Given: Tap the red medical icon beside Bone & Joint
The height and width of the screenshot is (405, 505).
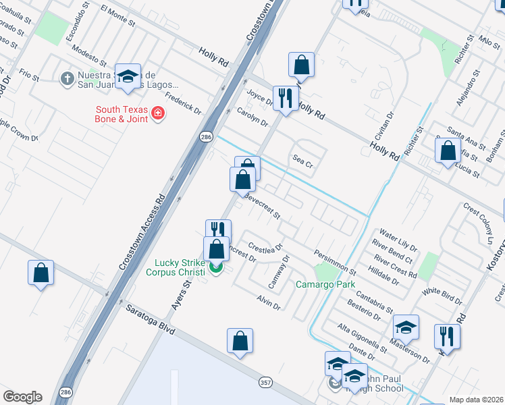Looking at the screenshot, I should tap(158, 113).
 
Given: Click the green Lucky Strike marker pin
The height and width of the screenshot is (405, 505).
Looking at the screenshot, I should tap(216, 269).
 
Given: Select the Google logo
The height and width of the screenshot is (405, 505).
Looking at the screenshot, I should tap(22, 397).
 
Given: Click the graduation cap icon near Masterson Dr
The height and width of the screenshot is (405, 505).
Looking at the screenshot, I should tap(406, 327).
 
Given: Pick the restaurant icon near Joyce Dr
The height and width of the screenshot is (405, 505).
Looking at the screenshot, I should tap(286, 99).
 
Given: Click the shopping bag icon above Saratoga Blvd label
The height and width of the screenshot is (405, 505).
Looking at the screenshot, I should tap(41, 273).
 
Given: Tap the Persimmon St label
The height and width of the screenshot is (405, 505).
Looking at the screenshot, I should tap(335, 261).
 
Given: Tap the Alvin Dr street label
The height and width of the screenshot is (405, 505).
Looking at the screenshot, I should tap(268, 301).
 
